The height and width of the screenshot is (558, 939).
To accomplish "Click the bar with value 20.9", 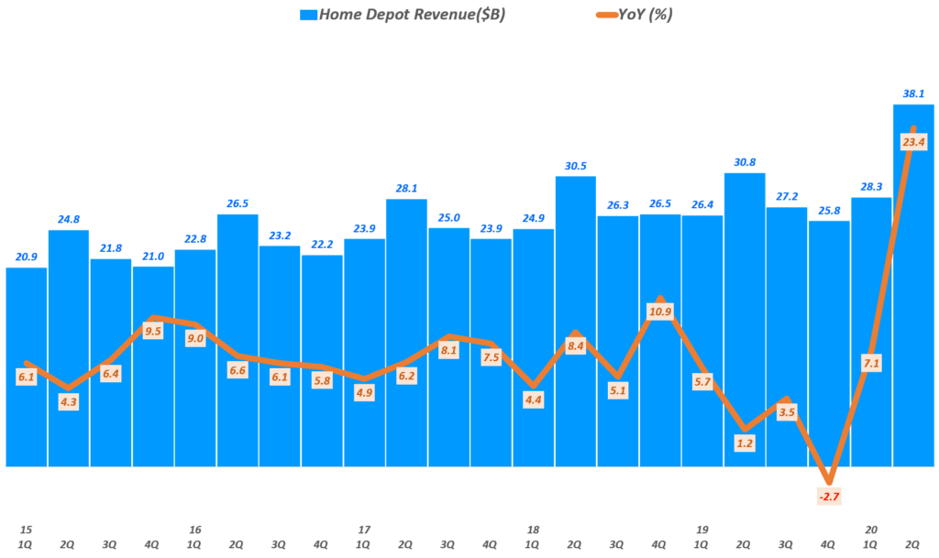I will (27, 367).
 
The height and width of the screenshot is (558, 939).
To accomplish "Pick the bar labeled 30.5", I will (576, 321).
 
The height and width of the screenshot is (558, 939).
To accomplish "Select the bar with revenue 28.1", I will (406, 330).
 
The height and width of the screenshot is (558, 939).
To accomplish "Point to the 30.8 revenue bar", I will (745, 312).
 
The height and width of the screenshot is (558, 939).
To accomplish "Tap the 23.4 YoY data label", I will (913, 141).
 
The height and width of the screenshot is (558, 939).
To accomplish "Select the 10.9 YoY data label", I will (660, 312).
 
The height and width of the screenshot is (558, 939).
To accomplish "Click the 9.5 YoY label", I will (153, 332).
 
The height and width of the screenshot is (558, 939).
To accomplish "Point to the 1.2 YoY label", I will (744, 443).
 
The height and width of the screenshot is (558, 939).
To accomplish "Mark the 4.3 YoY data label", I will (69, 400).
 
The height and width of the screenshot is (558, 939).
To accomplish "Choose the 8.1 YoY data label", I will (448, 350).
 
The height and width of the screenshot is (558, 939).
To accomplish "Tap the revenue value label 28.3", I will (871, 187).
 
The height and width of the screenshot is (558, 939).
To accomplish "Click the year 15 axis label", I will (27, 530).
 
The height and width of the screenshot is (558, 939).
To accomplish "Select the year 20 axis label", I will (871, 530).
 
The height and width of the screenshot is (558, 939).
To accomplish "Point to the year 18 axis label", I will (533, 530).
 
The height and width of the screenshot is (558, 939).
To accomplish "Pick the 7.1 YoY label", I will (871, 364).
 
